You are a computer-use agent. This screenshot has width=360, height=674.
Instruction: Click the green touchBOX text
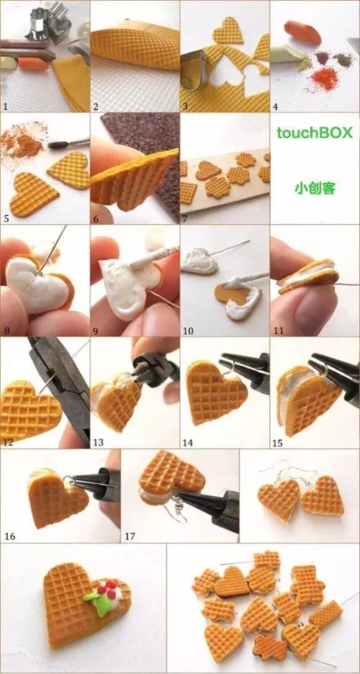pos(315,132)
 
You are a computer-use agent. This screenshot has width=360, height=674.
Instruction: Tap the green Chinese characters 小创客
pos(315,188)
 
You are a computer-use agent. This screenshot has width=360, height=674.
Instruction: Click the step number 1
pos(5,106)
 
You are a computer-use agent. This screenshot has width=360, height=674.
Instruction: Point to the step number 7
pos(185,218)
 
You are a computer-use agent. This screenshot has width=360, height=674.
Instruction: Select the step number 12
pos(7,442)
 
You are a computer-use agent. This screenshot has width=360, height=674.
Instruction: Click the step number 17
pos(130,536)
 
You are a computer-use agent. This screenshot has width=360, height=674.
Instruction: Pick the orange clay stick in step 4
pos(302,32)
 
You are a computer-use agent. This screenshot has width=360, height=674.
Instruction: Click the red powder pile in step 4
pos(324,78)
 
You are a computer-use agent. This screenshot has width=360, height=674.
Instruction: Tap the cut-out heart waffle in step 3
pos(228,30)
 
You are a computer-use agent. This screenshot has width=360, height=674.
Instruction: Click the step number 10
pos(188,331)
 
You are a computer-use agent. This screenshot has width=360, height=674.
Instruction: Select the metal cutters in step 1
pos(48,22)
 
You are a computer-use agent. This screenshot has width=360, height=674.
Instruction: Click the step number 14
pos(188,442)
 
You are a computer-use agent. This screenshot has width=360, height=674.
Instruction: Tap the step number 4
pos(275,106)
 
